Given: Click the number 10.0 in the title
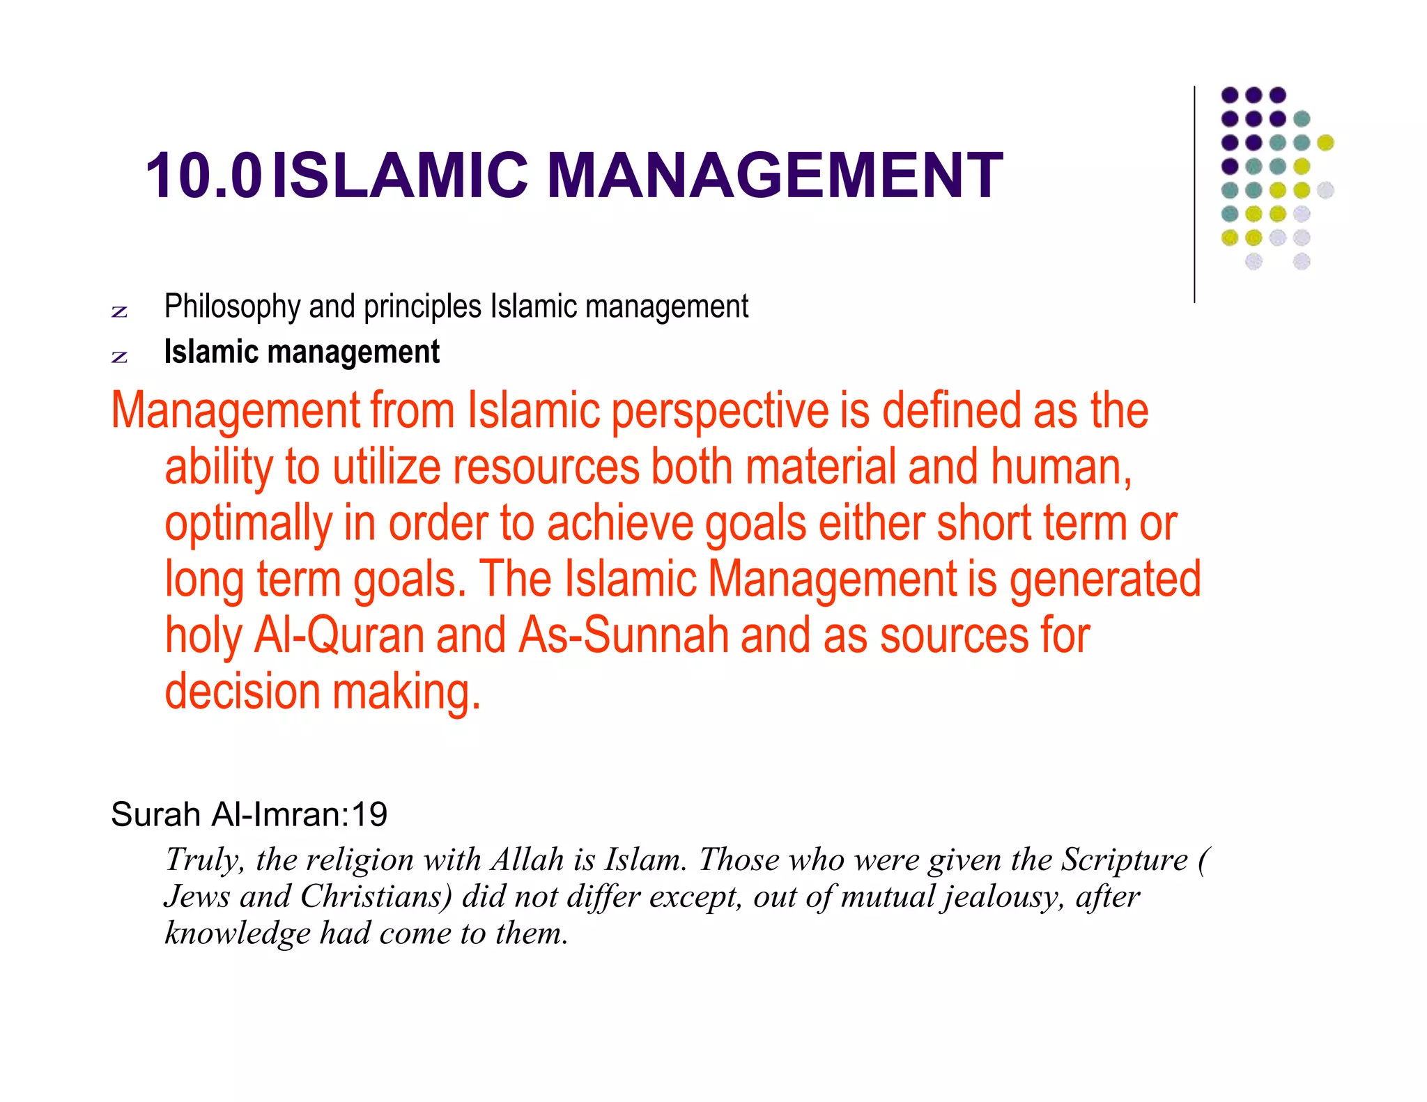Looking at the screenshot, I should pyautogui.click(x=203, y=176).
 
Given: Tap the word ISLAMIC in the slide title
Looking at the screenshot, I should pyautogui.click(x=401, y=176).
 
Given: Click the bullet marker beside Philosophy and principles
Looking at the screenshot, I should pyautogui.click(x=119, y=311).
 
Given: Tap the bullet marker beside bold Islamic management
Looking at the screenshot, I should pyautogui.click(x=119, y=357).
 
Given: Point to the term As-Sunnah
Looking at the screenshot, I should pyautogui.click(x=623, y=635).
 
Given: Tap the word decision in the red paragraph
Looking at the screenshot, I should pyautogui.click(x=242, y=691).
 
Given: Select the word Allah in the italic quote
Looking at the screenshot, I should pyautogui.click(x=527, y=860).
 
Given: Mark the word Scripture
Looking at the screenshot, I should pyautogui.click(x=1124, y=860).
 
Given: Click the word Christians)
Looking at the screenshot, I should pyautogui.click(x=376, y=897).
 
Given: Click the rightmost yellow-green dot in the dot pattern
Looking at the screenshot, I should pyautogui.click(x=1325, y=143).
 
